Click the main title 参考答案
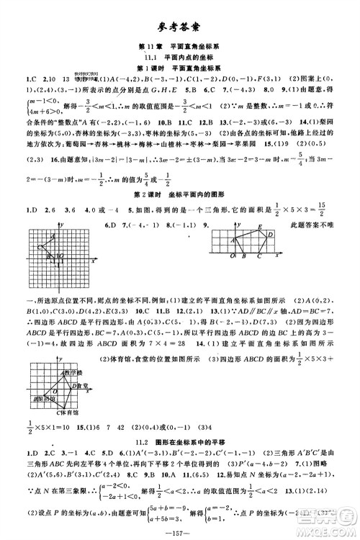pyautogui.click(x=180, y=28)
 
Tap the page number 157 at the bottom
pyautogui.click(x=180, y=531)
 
